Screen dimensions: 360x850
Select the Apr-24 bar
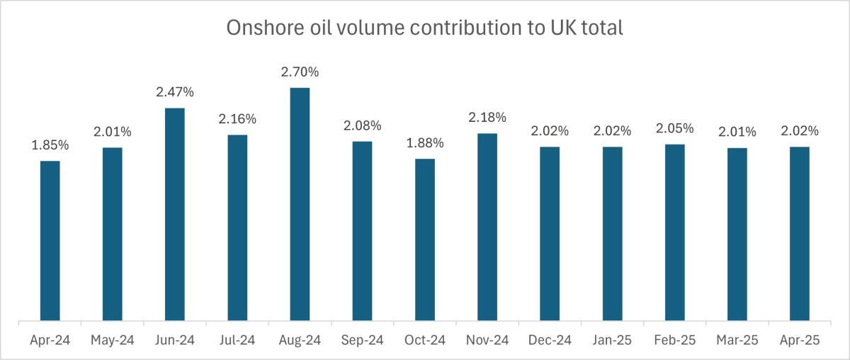pos(50,241)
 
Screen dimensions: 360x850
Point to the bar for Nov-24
pos(487,227)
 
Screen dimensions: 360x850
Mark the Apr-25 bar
pos(800,234)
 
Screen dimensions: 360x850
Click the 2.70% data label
pos(300,72)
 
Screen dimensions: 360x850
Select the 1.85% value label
pos(50,145)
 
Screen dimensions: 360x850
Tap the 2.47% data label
pos(175,92)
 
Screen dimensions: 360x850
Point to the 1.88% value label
pos(425,143)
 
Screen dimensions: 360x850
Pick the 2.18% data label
pos(487,118)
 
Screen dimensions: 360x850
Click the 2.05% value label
pos(674,128)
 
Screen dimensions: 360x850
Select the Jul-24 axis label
pos(237,340)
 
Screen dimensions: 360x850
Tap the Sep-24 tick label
pos(362,340)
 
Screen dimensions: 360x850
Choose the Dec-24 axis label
pos(550,340)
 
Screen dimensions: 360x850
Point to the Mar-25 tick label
pos(737,340)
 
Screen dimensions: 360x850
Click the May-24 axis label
pos(112,340)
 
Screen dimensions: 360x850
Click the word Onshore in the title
pos(259,28)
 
